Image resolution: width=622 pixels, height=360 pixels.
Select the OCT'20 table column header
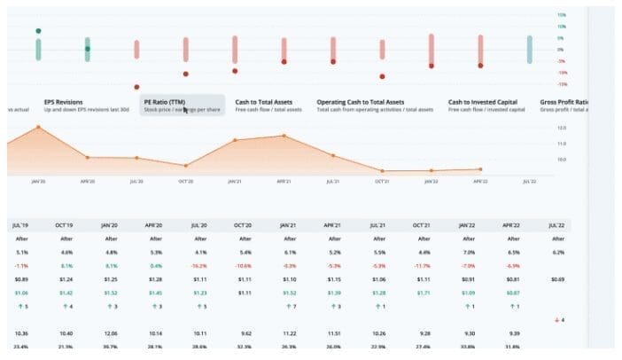point(245,225)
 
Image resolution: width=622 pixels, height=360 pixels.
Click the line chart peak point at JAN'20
point(38,127)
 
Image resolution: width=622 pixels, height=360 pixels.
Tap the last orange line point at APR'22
point(480,168)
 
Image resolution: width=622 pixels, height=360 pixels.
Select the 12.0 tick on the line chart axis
point(562,129)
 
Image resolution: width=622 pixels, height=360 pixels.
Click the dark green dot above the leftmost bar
point(38,31)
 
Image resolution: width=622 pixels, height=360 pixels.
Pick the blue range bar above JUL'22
point(529,50)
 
